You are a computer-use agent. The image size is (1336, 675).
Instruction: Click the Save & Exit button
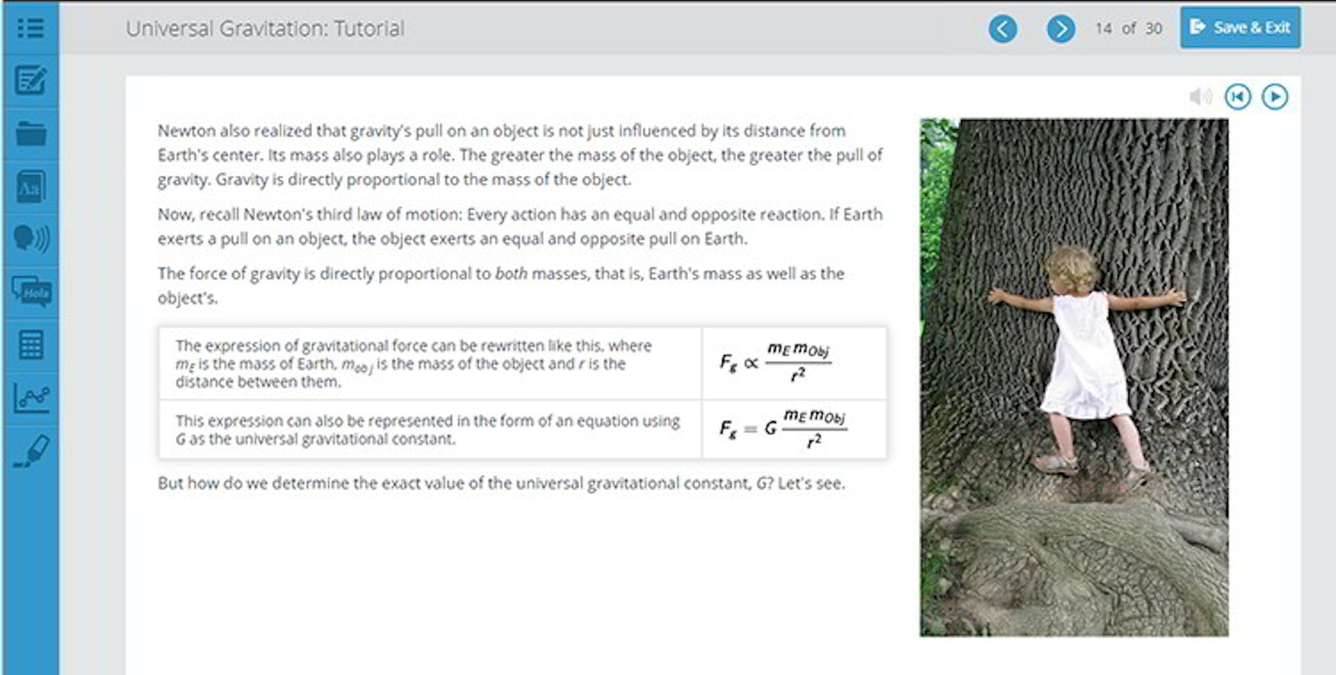1240,28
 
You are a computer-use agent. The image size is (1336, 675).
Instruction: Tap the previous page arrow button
1003,29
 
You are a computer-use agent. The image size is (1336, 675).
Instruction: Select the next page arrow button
1060,29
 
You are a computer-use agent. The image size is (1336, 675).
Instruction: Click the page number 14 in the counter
1104,29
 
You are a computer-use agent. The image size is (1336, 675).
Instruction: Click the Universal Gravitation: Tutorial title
265,29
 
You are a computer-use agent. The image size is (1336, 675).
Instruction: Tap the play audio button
1275,97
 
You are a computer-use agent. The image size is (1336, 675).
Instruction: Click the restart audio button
1238,97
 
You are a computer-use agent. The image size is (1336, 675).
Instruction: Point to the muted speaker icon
1200,97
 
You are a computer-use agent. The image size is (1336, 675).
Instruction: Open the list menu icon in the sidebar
30,28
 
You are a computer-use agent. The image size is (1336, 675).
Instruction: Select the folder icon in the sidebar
31,133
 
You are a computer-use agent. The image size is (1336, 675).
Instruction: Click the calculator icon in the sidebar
31,344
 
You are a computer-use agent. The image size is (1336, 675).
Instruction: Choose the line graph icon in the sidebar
31,398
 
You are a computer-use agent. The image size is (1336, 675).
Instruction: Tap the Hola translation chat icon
31,292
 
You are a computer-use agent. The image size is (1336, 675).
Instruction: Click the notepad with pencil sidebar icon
31,80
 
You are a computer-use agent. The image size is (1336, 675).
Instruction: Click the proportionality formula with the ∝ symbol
775,363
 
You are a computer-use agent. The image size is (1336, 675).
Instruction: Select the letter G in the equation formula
770,428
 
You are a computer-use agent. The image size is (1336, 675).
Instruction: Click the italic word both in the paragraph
511,273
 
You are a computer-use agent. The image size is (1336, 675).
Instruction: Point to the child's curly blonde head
1072,270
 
